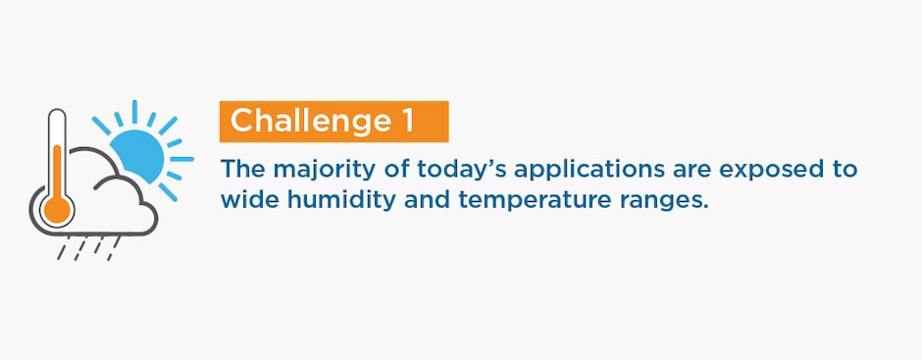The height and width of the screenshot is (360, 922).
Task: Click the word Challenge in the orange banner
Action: [x=310, y=122]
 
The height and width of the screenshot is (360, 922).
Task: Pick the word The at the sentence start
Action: [x=243, y=170]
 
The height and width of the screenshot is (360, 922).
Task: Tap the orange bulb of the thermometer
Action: [x=57, y=209]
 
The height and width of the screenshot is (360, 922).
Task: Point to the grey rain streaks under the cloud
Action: [x=88, y=247]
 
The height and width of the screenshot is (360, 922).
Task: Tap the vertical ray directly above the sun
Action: [x=134, y=112]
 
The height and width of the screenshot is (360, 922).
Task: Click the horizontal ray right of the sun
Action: [x=181, y=159]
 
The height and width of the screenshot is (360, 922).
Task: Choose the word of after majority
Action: [x=398, y=170]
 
